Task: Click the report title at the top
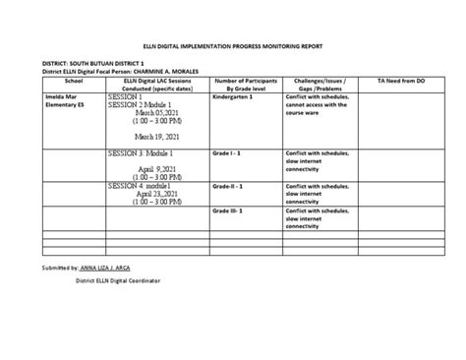(233, 46)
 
